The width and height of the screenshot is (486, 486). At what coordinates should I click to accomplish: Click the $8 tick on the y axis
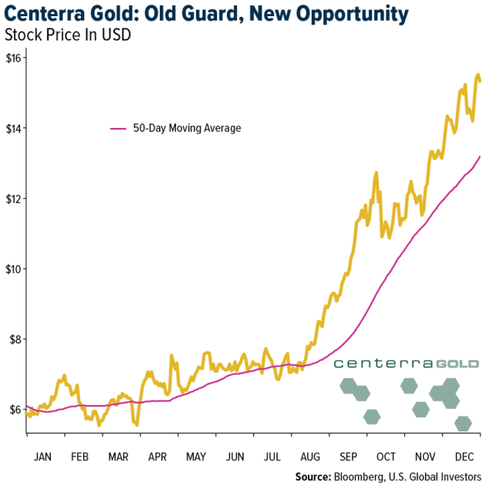point(15,339)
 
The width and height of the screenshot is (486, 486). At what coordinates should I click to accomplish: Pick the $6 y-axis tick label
point(15,410)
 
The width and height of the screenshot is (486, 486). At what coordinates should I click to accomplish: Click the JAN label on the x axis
point(42,456)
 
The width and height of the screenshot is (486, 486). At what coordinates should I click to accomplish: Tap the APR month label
point(157,456)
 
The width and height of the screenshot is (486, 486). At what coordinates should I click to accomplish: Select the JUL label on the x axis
point(272,456)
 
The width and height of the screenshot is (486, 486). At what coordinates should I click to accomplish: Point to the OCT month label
point(386,456)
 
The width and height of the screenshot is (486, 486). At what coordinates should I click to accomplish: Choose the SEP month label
point(347,456)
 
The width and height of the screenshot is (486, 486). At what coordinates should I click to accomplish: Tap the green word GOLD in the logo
point(457,363)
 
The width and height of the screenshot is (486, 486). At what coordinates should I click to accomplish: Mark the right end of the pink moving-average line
point(480,157)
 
